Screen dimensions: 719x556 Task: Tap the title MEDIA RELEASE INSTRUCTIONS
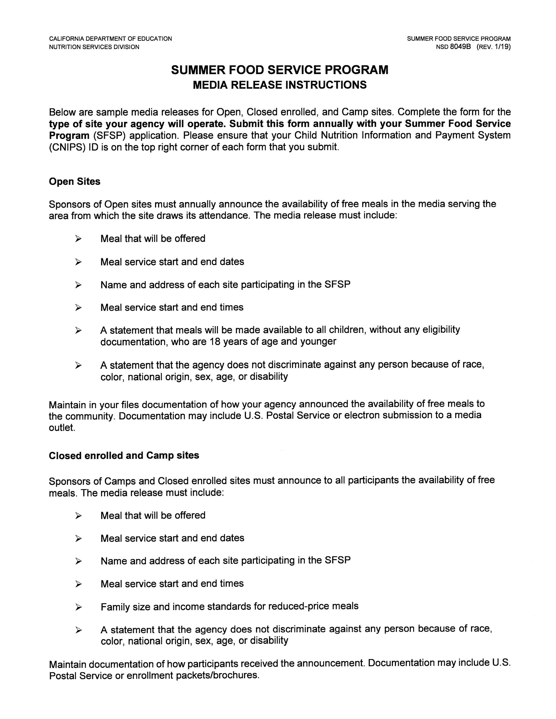[x=279, y=85]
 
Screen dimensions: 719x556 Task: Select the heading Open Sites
[x=74, y=181]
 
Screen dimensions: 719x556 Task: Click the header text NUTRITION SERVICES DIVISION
[x=94, y=47]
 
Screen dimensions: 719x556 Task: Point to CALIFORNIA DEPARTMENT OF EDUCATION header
[x=110, y=38]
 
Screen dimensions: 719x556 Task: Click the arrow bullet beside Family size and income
[x=78, y=607]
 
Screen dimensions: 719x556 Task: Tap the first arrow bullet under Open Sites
[x=78, y=239]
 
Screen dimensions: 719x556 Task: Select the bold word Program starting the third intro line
[x=69, y=135]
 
